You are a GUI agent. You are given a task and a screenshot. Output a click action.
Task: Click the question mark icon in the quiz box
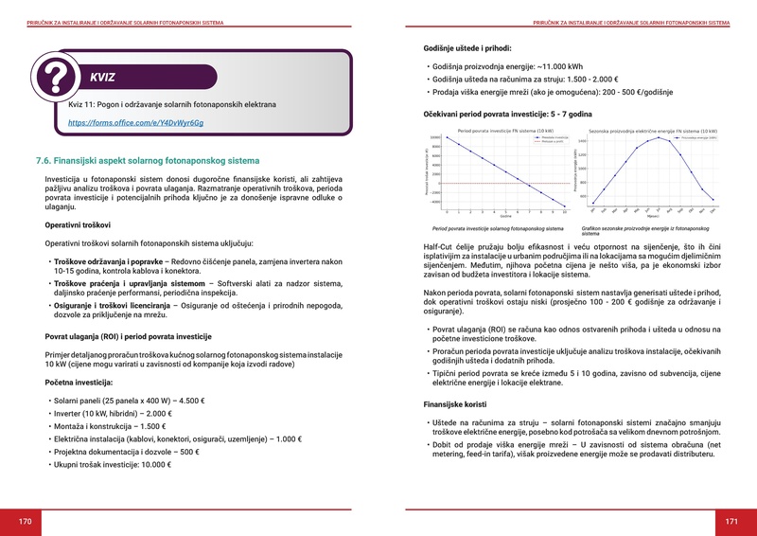[57, 73]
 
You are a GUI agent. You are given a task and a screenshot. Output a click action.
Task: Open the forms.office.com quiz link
[135, 123]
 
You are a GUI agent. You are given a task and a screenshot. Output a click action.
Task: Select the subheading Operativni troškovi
[79, 224]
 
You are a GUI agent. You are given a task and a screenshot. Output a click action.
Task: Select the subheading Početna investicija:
[79, 382]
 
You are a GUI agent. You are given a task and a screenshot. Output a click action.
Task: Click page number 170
[26, 521]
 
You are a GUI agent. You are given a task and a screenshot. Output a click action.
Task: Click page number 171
[731, 521]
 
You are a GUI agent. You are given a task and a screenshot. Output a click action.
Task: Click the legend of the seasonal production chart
[699, 138]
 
